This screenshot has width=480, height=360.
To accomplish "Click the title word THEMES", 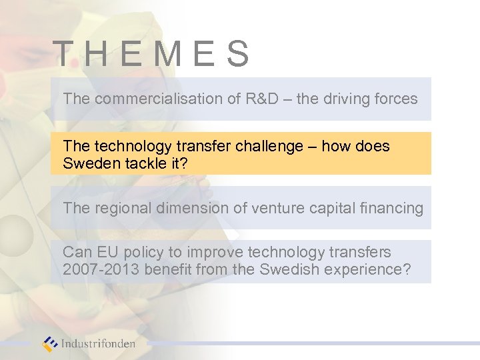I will click(151, 54).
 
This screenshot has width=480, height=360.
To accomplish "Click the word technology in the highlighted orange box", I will click(129, 145).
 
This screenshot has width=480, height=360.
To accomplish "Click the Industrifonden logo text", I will click(98, 344).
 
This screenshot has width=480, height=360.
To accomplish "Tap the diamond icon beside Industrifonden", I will click(51, 344).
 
